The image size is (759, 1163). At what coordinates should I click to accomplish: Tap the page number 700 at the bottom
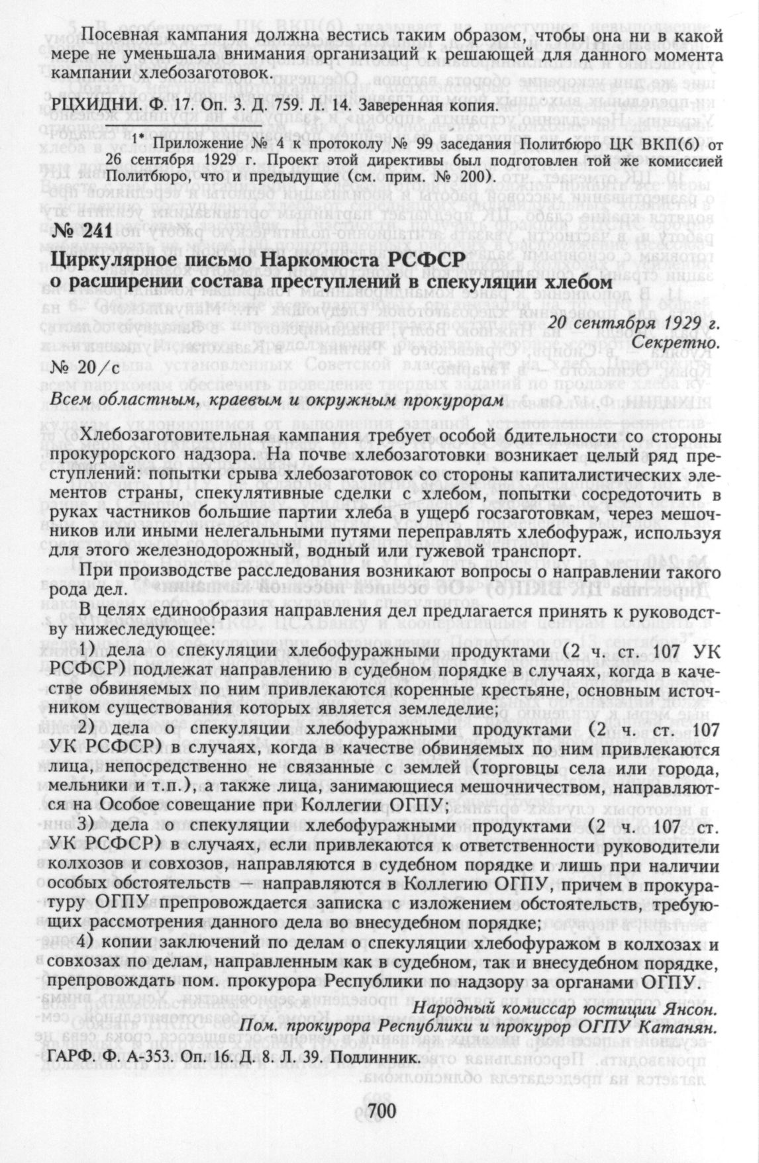379,1113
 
